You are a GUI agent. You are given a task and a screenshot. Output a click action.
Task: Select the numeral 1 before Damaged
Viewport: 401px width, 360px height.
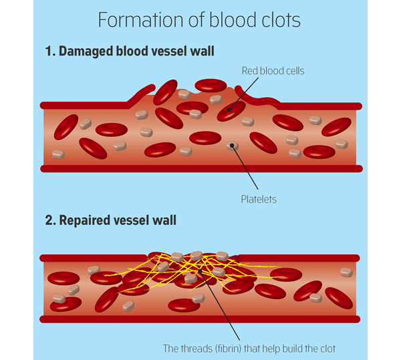click(x=49, y=51)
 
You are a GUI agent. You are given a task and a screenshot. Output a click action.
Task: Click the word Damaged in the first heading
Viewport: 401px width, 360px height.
click(x=86, y=51)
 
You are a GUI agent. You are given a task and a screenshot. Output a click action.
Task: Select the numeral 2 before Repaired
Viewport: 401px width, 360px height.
click(x=49, y=219)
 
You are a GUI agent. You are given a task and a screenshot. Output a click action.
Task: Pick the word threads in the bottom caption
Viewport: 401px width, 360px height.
click(x=194, y=347)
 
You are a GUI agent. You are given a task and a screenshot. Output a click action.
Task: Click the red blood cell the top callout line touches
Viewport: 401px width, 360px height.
click(x=230, y=110)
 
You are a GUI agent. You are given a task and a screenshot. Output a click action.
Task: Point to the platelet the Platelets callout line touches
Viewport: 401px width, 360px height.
click(x=232, y=145)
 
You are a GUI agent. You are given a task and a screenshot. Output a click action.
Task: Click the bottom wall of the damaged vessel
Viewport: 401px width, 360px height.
click(x=200, y=168)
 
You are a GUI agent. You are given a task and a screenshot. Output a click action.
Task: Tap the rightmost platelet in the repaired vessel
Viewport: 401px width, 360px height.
click(x=346, y=272)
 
